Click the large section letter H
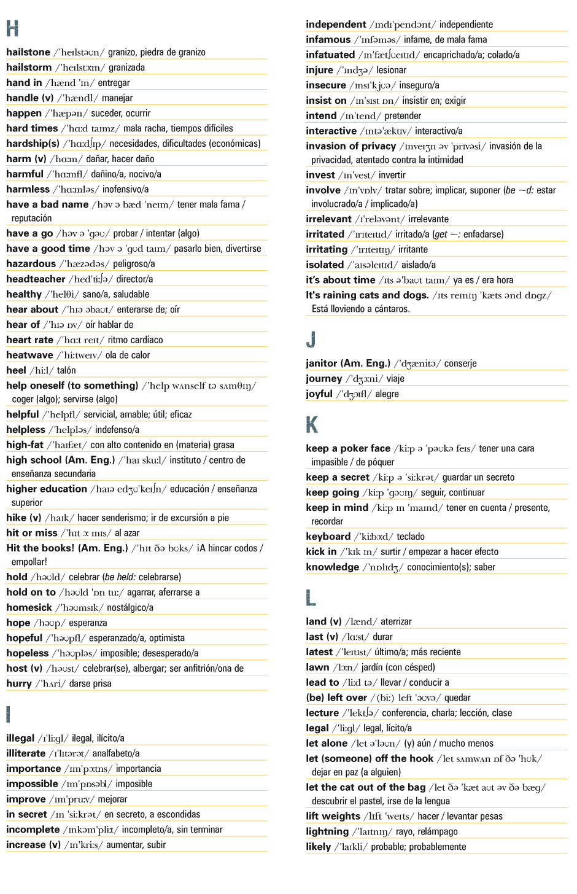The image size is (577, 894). pyautogui.click(x=12, y=28)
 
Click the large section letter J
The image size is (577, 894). pyautogui.click(x=311, y=339)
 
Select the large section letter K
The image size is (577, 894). pyautogui.click(x=312, y=424)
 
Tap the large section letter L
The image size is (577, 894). pyautogui.click(x=311, y=597)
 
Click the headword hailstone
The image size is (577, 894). pyautogui.click(x=28, y=52)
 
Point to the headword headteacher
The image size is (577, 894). pyautogui.click(x=36, y=279)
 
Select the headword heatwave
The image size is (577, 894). pyautogui.click(x=29, y=355)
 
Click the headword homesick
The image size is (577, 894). pyautogui.click(x=29, y=607)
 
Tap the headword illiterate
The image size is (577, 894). pyautogui.click(x=26, y=753)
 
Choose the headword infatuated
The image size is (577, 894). pyautogui.click(x=330, y=55)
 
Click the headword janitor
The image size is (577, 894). pyautogui.click(x=322, y=363)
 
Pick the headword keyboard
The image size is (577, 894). pyautogui.click(x=328, y=537)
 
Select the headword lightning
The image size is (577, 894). pyautogui.click(x=327, y=831)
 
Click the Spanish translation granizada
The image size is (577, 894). pyautogui.click(x=127, y=68)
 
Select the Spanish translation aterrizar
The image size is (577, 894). pyautogui.click(x=396, y=621)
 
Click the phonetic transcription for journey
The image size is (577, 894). pyautogui.click(x=364, y=379)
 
